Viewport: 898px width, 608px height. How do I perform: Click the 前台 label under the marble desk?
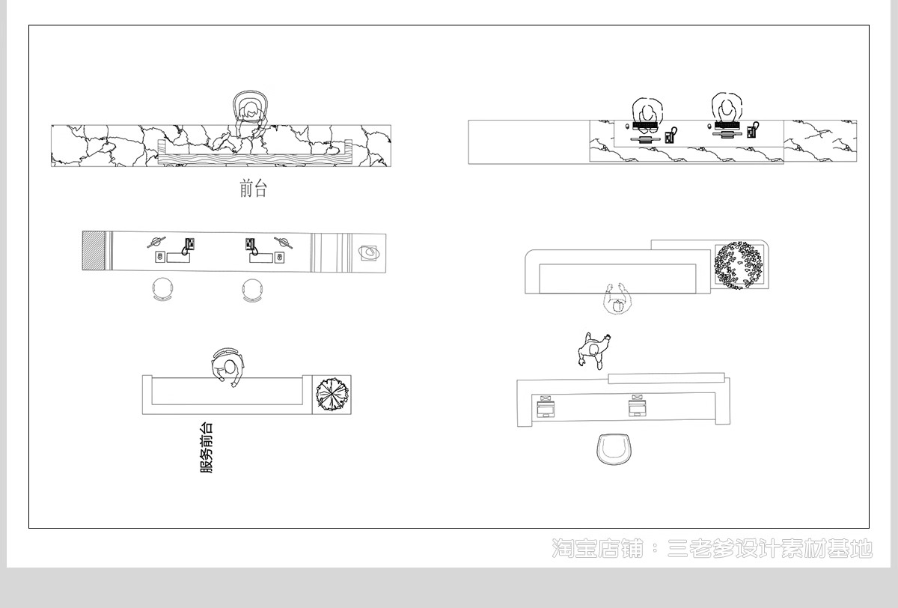click(x=254, y=189)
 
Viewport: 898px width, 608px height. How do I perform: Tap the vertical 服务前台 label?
click(x=207, y=447)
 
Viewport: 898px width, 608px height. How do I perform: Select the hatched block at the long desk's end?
click(x=94, y=251)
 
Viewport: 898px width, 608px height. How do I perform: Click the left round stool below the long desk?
click(x=163, y=289)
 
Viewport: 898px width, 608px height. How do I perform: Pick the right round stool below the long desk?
click(x=253, y=291)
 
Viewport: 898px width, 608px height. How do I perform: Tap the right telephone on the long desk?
click(x=251, y=246)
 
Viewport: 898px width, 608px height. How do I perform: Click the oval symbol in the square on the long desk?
click(x=369, y=252)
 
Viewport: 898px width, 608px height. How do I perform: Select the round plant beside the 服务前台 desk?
click(x=332, y=395)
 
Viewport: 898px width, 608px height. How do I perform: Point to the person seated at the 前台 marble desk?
click(x=250, y=115)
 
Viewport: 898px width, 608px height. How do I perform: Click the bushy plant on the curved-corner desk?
click(x=739, y=265)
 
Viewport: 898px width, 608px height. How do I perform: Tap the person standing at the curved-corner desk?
click(x=617, y=299)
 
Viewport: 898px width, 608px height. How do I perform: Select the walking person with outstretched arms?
click(x=593, y=350)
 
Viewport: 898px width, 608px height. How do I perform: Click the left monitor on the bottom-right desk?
click(x=546, y=407)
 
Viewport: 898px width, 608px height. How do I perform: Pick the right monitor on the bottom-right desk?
click(x=637, y=407)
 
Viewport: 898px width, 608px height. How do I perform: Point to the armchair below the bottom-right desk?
click(x=614, y=449)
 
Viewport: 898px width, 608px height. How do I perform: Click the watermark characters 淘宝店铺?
click(x=597, y=549)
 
